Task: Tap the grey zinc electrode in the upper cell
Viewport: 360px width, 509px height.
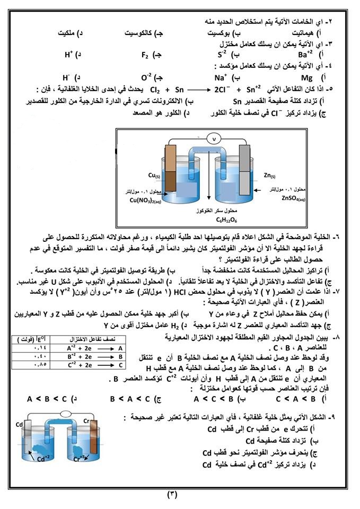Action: [x=244, y=164]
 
